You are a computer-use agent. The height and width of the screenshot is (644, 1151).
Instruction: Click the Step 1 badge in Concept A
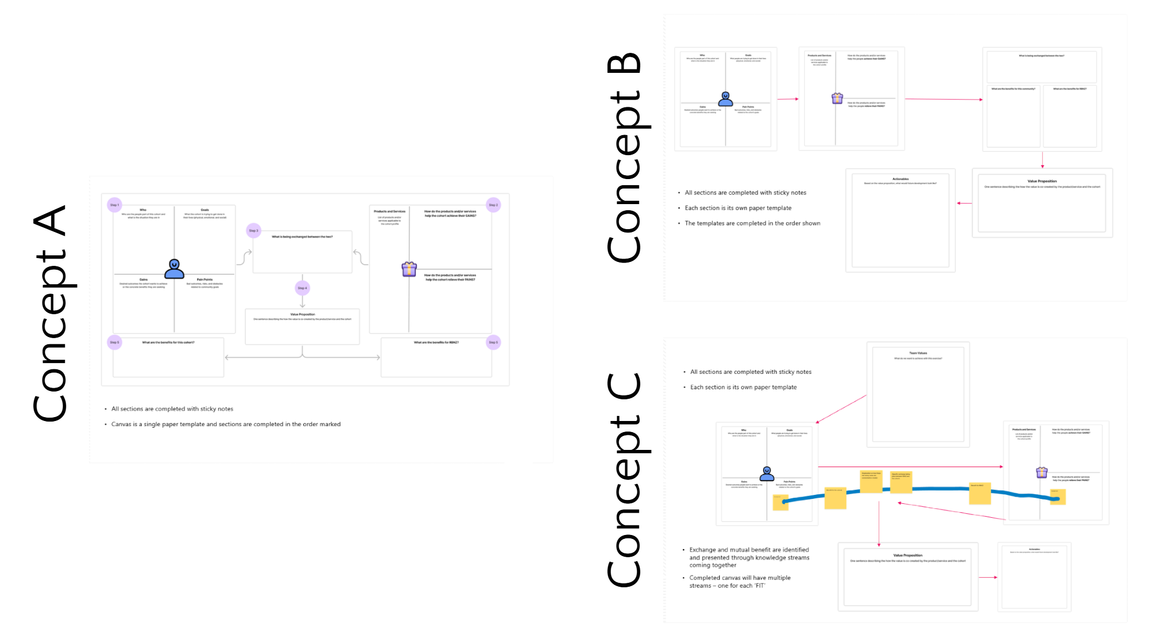pos(114,205)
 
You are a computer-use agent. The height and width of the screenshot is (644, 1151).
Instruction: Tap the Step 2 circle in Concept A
pos(493,205)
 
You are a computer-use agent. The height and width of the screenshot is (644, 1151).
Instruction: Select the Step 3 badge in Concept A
pos(253,230)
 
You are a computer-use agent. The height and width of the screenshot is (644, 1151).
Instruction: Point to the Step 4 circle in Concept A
pos(302,288)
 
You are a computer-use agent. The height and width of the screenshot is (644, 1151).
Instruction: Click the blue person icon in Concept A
pos(174,269)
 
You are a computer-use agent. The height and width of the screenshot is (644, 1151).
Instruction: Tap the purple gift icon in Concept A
pos(409,269)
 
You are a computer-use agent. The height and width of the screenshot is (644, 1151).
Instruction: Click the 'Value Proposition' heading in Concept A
pos(302,314)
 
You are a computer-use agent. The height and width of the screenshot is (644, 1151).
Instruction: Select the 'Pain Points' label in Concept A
pos(205,279)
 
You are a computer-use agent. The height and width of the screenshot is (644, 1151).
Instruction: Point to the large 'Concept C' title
pos(625,479)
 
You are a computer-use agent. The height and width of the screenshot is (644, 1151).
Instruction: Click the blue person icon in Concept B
pos(725,99)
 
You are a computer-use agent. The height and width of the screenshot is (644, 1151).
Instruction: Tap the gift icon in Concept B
pos(837,98)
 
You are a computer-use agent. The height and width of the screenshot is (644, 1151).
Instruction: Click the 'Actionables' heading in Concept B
pos(900,179)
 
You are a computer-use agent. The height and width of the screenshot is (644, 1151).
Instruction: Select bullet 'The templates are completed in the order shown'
pos(752,223)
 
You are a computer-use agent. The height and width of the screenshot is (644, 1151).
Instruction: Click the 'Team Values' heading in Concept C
pos(918,353)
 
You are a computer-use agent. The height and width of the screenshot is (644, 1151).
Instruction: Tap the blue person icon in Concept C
pos(767,473)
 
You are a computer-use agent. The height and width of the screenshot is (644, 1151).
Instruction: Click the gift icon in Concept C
pos(1042,472)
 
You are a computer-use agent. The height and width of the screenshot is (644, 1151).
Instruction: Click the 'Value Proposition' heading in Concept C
pos(908,555)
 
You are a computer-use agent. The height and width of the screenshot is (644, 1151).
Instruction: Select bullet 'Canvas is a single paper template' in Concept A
pos(226,424)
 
